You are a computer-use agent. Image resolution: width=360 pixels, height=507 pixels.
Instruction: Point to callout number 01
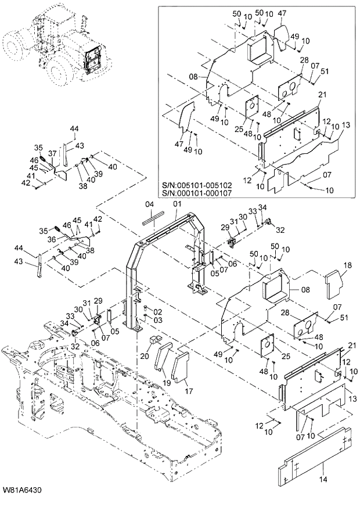[176, 204]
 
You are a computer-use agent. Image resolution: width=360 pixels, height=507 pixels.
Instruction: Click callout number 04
[148, 204]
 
